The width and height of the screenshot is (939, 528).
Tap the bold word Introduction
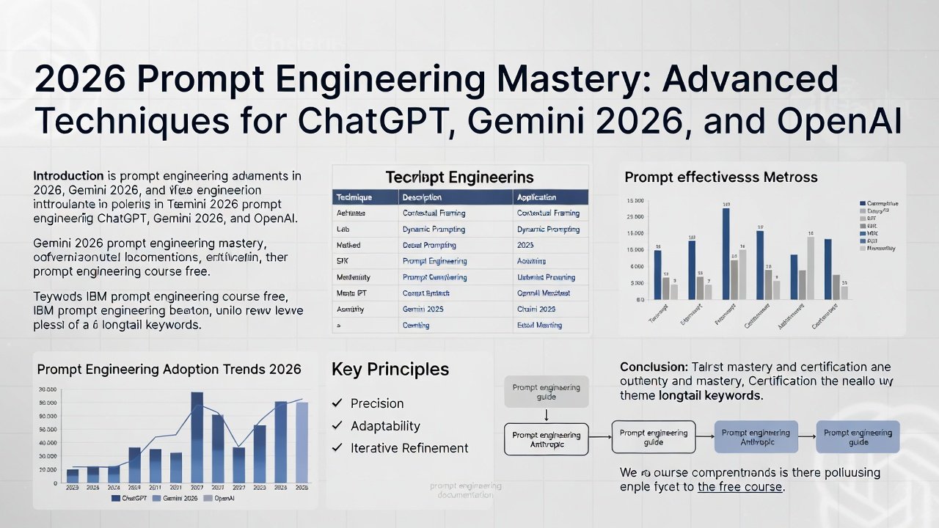pos(68,176)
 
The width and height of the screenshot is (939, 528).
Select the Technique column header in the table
pos(354,197)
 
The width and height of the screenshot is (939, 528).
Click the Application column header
pos(536,197)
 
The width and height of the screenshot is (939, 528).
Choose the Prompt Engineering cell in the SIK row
pos(434,261)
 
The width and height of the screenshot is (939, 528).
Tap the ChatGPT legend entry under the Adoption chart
pos(132,499)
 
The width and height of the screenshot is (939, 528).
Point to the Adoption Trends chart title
pos(169,369)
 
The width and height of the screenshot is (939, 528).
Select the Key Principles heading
pos(390,369)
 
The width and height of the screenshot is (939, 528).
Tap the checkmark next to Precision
pos(337,403)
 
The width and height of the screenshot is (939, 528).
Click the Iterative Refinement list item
pos(409,448)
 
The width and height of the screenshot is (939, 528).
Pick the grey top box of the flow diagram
pos(546,392)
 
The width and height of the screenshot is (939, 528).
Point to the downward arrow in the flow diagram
pos(546,415)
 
